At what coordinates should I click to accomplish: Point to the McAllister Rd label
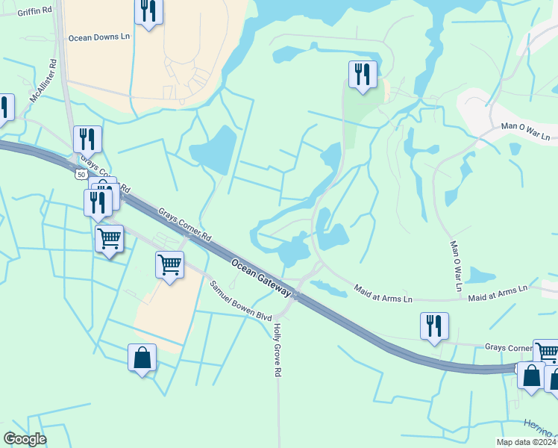pyautogui.click(x=43, y=82)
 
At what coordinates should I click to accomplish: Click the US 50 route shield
pyautogui.click(x=80, y=175)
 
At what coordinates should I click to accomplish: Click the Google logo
pyautogui.click(x=25, y=439)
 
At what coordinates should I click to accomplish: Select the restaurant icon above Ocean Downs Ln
pyautogui.click(x=148, y=11)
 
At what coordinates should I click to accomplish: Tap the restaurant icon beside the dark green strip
pyautogui.click(x=362, y=74)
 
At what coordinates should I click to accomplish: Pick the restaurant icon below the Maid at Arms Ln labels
pyautogui.click(x=434, y=326)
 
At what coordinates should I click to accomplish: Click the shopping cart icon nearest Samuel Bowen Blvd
pyautogui.click(x=170, y=264)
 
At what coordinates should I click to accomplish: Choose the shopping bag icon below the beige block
pyautogui.click(x=142, y=358)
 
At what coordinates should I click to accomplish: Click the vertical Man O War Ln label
pyautogui.click(x=454, y=266)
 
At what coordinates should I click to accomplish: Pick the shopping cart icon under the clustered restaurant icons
pyautogui.click(x=110, y=238)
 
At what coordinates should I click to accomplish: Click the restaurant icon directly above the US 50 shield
pyautogui.click(x=87, y=139)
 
